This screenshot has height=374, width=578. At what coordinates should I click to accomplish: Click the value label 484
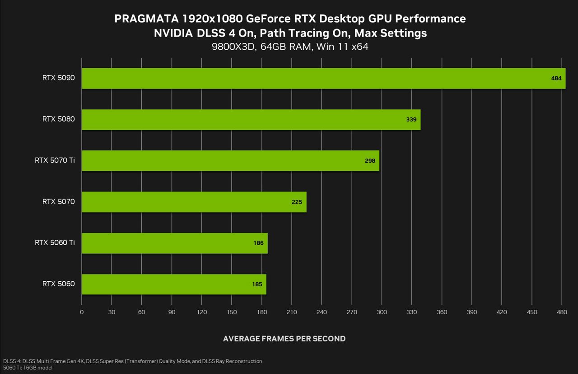[556, 78]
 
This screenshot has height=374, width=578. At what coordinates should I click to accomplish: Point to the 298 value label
[370, 161]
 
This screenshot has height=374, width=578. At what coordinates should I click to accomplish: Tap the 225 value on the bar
[297, 202]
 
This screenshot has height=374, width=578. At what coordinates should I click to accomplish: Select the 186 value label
[258, 243]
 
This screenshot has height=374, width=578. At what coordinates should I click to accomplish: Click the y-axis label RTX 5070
[59, 202]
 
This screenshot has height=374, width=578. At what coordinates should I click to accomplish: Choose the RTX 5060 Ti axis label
[55, 243]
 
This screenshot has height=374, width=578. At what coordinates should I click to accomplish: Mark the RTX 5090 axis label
[59, 78]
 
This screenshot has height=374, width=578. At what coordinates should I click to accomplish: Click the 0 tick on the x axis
[82, 312]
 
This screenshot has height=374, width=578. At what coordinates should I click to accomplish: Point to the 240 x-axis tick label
[322, 312]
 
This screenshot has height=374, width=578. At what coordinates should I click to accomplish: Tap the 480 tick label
[561, 312]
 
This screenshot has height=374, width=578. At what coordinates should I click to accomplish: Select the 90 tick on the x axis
[172, 312]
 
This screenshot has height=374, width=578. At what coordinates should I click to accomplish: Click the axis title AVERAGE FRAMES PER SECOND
[284, 339]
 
